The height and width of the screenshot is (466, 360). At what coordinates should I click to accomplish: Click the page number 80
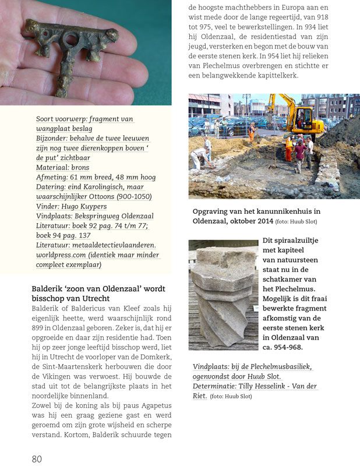pos(37,458)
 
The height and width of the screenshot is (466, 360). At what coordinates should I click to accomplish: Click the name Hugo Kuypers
pos(85,206)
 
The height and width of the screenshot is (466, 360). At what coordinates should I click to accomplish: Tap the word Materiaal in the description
pos(52,167)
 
